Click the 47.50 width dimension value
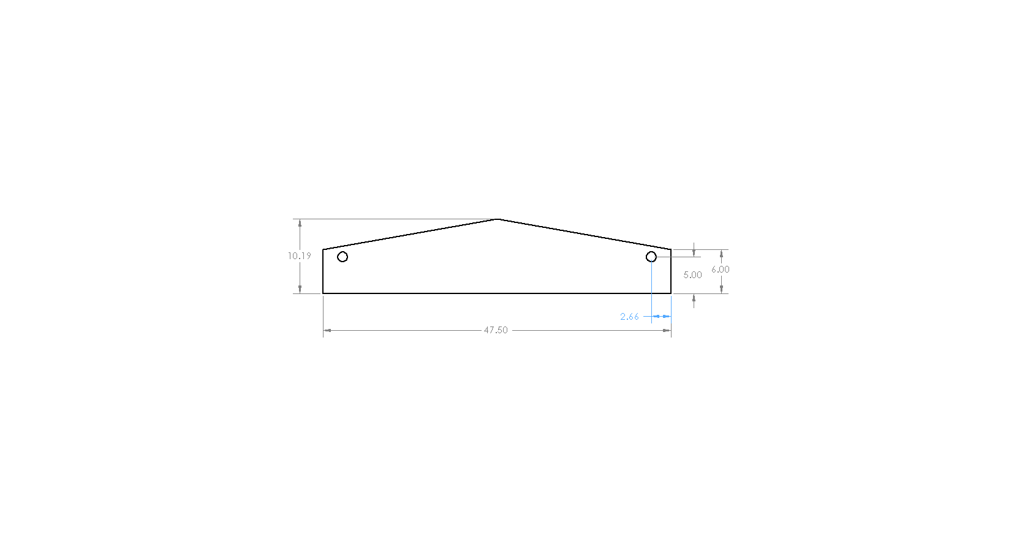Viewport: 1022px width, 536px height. tap(496, 330)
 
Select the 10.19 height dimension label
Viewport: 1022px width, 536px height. tap(300, 256)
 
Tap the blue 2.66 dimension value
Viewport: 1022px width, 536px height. tap(629, 317)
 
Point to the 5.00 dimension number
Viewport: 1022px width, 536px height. tap(692, 275)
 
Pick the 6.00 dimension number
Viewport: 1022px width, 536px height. tap(721, 270)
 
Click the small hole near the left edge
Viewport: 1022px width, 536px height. tap(343, 257)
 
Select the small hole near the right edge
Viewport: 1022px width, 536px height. tap(651, 257)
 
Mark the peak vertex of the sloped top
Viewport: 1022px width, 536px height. tap(498, 219)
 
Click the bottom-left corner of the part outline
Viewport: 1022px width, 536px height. tap(323, 293)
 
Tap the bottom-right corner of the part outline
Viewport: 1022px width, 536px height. tap(671, 293)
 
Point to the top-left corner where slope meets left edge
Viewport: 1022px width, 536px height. tap(323, 249)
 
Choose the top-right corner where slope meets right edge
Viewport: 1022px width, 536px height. tap(671, 249)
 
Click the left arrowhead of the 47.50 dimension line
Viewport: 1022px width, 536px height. tap(327, 330)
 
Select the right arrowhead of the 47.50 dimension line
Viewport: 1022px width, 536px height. tap(667, 330)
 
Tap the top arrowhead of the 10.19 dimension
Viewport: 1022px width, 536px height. tap(300, 223)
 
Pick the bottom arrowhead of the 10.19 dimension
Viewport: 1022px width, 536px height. tap(300, 289)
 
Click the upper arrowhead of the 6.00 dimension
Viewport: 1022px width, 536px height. tap(721, 254)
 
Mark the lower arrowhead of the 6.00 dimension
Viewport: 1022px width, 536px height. tap(721, 289)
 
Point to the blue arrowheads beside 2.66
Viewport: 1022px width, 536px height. tap(661, 317)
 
